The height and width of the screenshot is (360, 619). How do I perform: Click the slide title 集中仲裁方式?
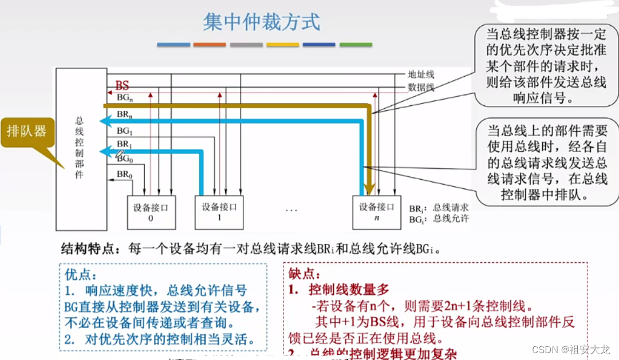[261, 22]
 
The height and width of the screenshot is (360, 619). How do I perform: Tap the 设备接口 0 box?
[151, 212]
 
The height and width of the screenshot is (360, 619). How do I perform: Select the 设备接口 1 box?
[219, 212]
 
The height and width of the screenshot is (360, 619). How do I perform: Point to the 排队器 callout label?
[26, 131]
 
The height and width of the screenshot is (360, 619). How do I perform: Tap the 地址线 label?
[421, 74]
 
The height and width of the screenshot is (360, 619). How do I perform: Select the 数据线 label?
[421, 87]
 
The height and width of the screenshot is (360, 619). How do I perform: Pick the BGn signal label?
[125, 99]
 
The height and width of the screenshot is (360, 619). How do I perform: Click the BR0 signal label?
[124, 174]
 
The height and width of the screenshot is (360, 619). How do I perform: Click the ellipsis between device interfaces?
[291, 210]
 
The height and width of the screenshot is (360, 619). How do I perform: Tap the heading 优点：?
[81, 275]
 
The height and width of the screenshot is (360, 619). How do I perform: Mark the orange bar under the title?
[210, 45]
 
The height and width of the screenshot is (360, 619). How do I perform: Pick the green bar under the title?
[356, 45]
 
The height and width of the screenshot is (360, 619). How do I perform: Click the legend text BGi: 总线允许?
[439, 219]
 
